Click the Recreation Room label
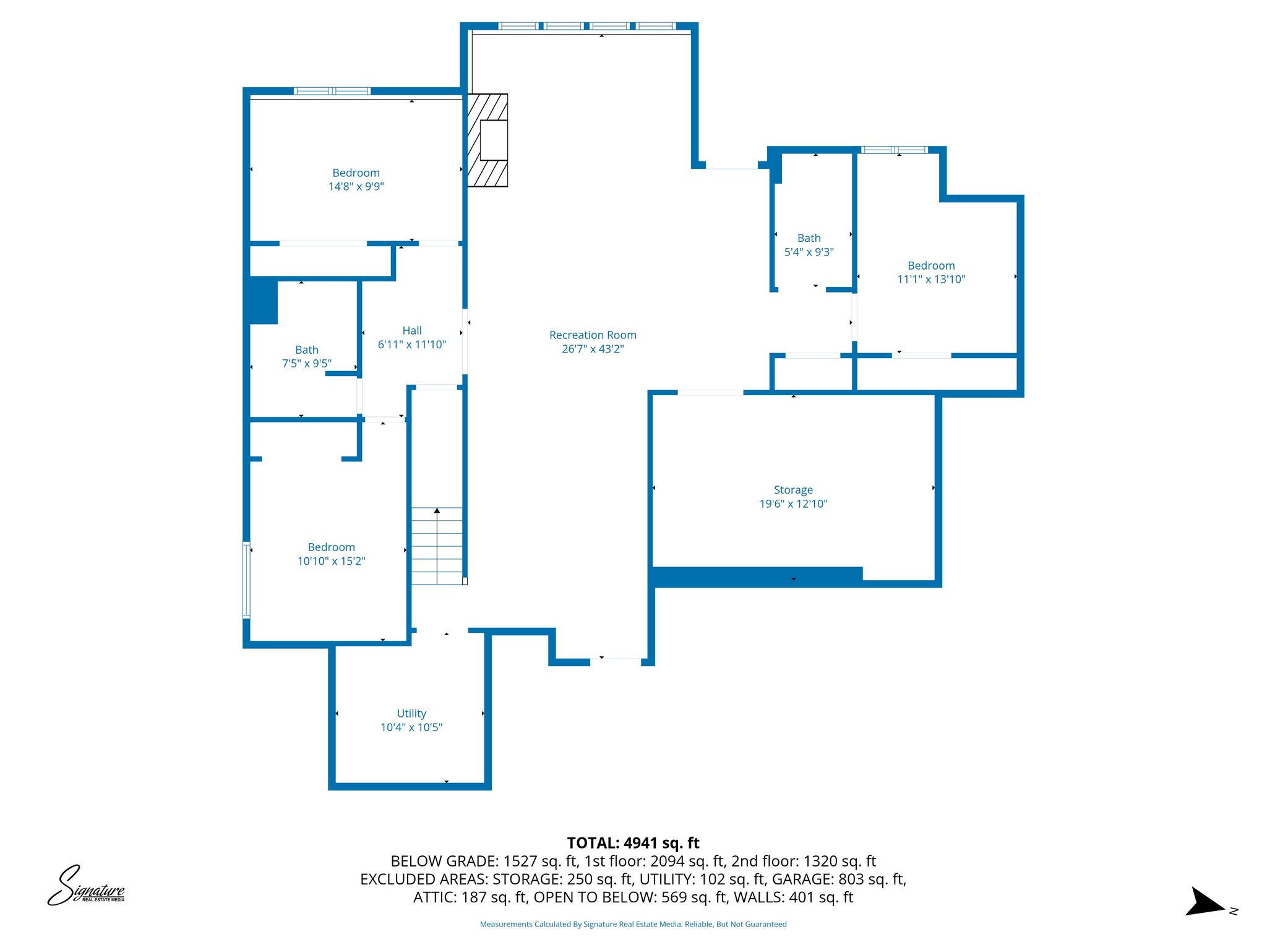tap(592, 335)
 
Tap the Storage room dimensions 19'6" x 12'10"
tap(793, 504)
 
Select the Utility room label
tap(411, 714)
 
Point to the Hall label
tap(412, 331)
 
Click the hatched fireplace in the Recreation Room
tap(487, 140)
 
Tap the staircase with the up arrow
tap(437, 546)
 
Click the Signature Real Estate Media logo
tap(86, 886)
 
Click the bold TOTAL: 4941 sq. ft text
tap(633, 843)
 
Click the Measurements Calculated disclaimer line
tap(633, 924)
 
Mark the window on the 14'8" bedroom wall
tap(332, 91)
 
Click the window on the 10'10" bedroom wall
tap(246, 580)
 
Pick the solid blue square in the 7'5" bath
tap(262, 302)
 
